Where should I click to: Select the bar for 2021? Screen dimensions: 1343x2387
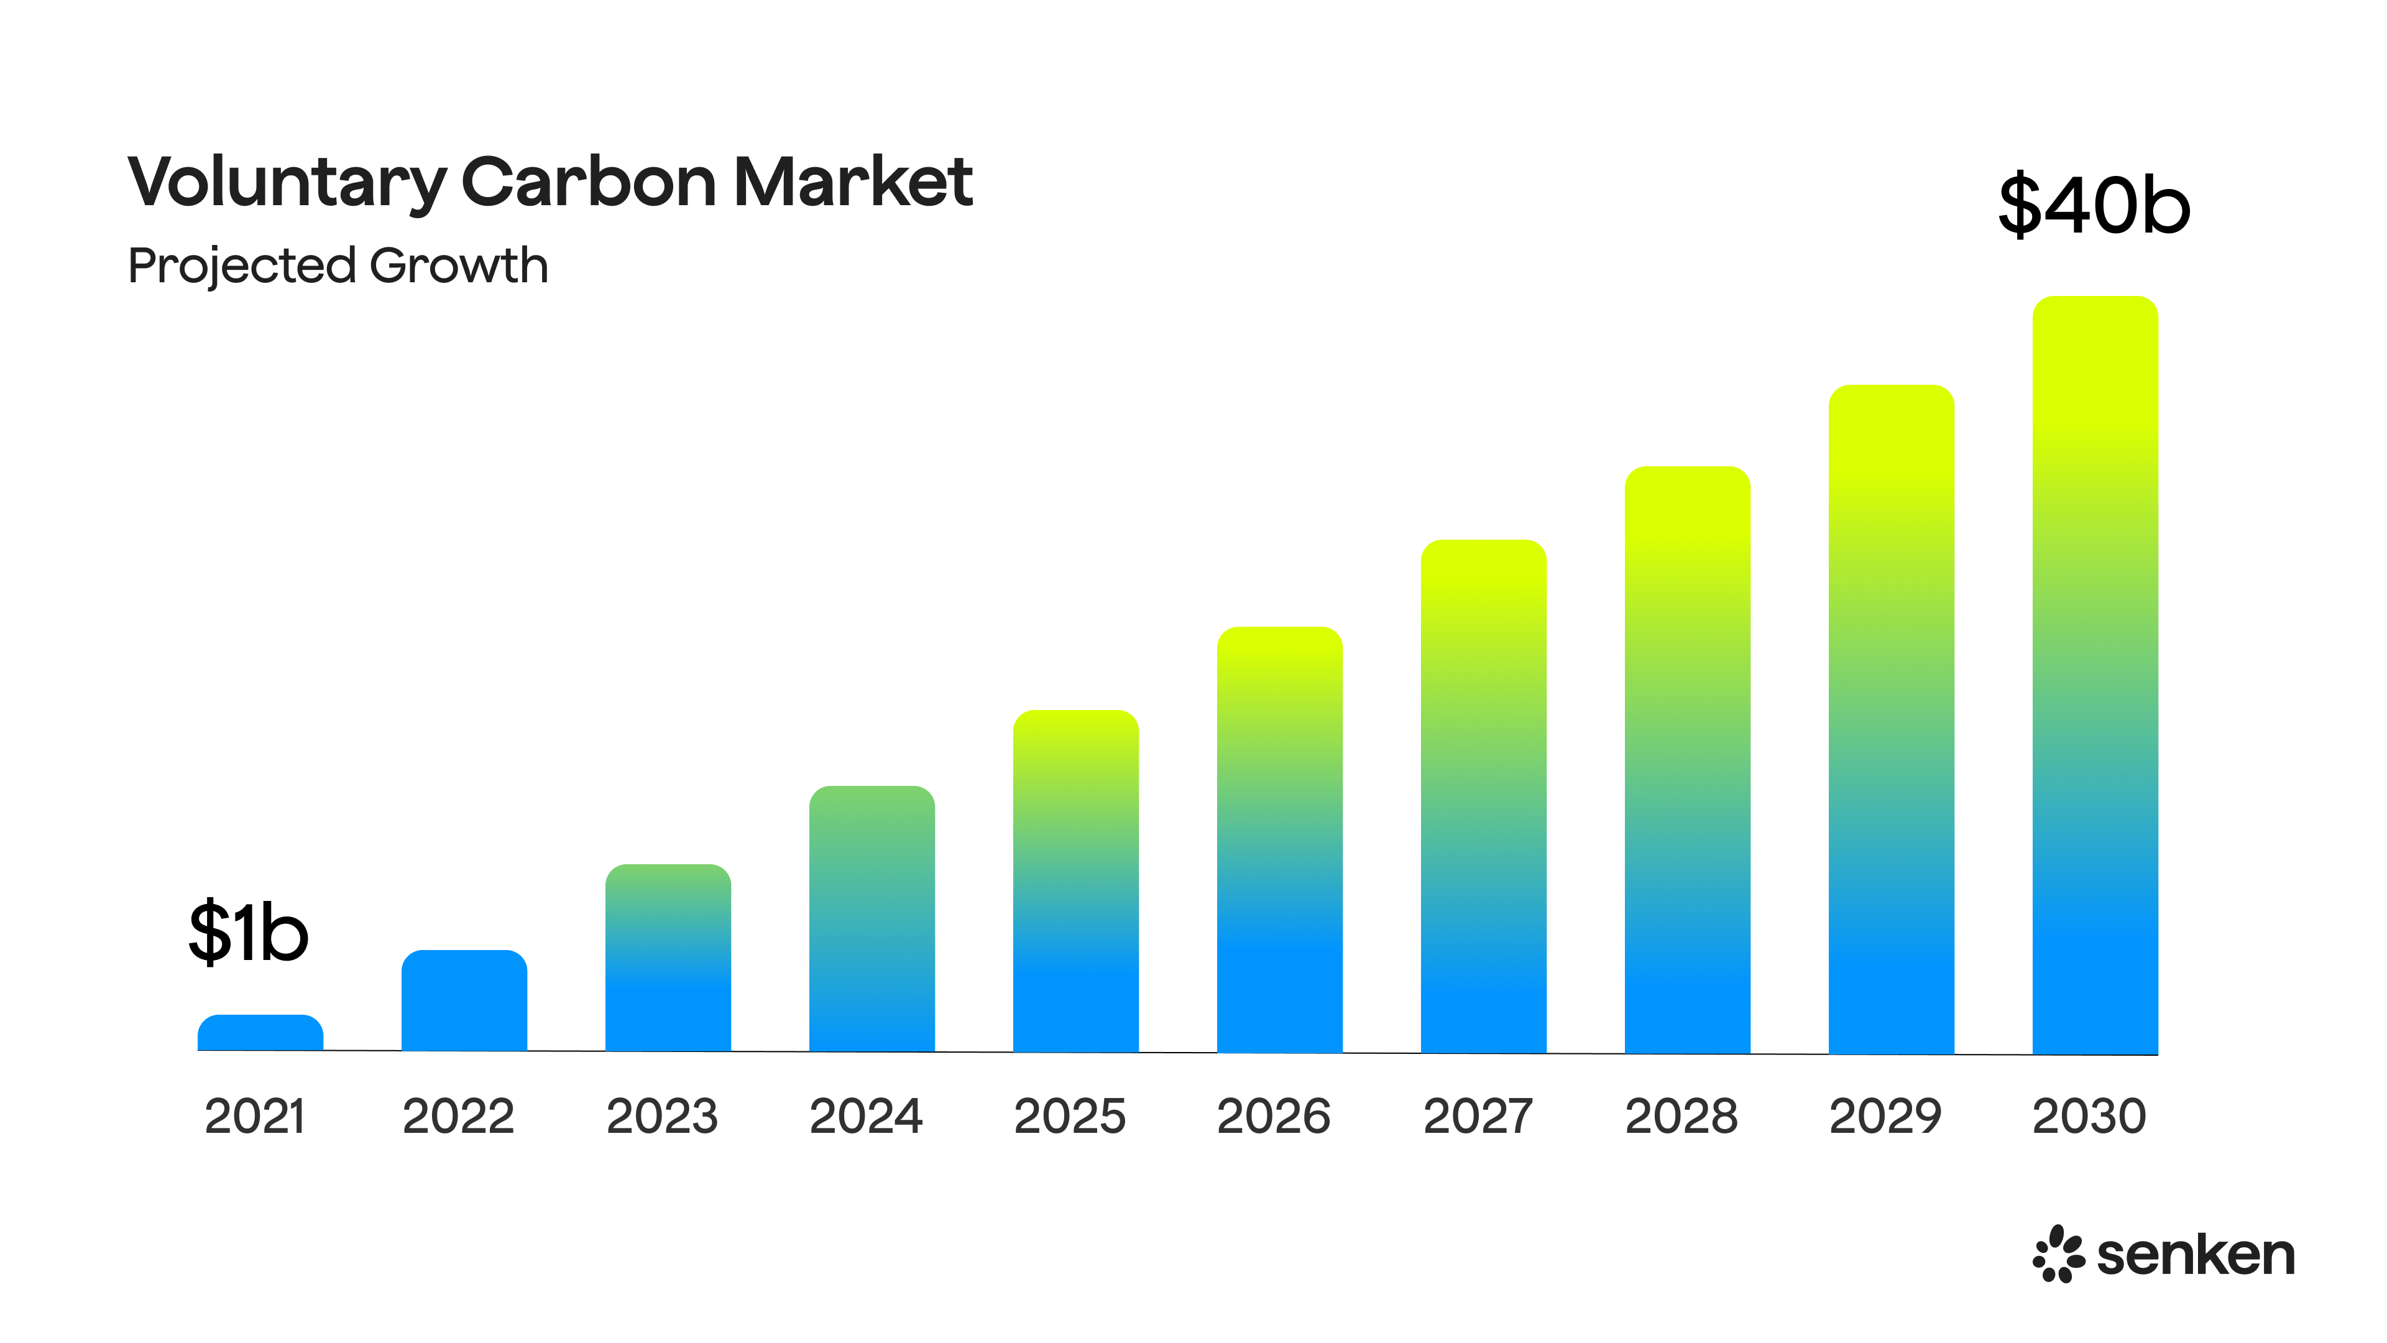click(260, 1033)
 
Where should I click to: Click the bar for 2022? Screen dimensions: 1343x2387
click(464, 1001)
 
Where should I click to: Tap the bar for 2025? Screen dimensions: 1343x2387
click(1076, 880)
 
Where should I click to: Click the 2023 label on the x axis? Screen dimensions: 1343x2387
click(661, 1116)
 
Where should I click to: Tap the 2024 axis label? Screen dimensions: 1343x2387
click(865, 1116)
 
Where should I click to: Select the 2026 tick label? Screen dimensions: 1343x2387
click(1273, 1116)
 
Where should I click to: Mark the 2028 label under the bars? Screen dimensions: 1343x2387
click(1681, 1116)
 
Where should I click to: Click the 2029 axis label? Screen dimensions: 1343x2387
click(1885, 1116)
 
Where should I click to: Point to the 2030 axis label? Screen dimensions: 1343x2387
click(2089, 1116)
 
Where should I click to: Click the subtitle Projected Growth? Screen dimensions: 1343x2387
click(338, 266)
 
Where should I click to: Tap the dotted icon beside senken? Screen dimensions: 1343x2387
click(2058, 1254)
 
